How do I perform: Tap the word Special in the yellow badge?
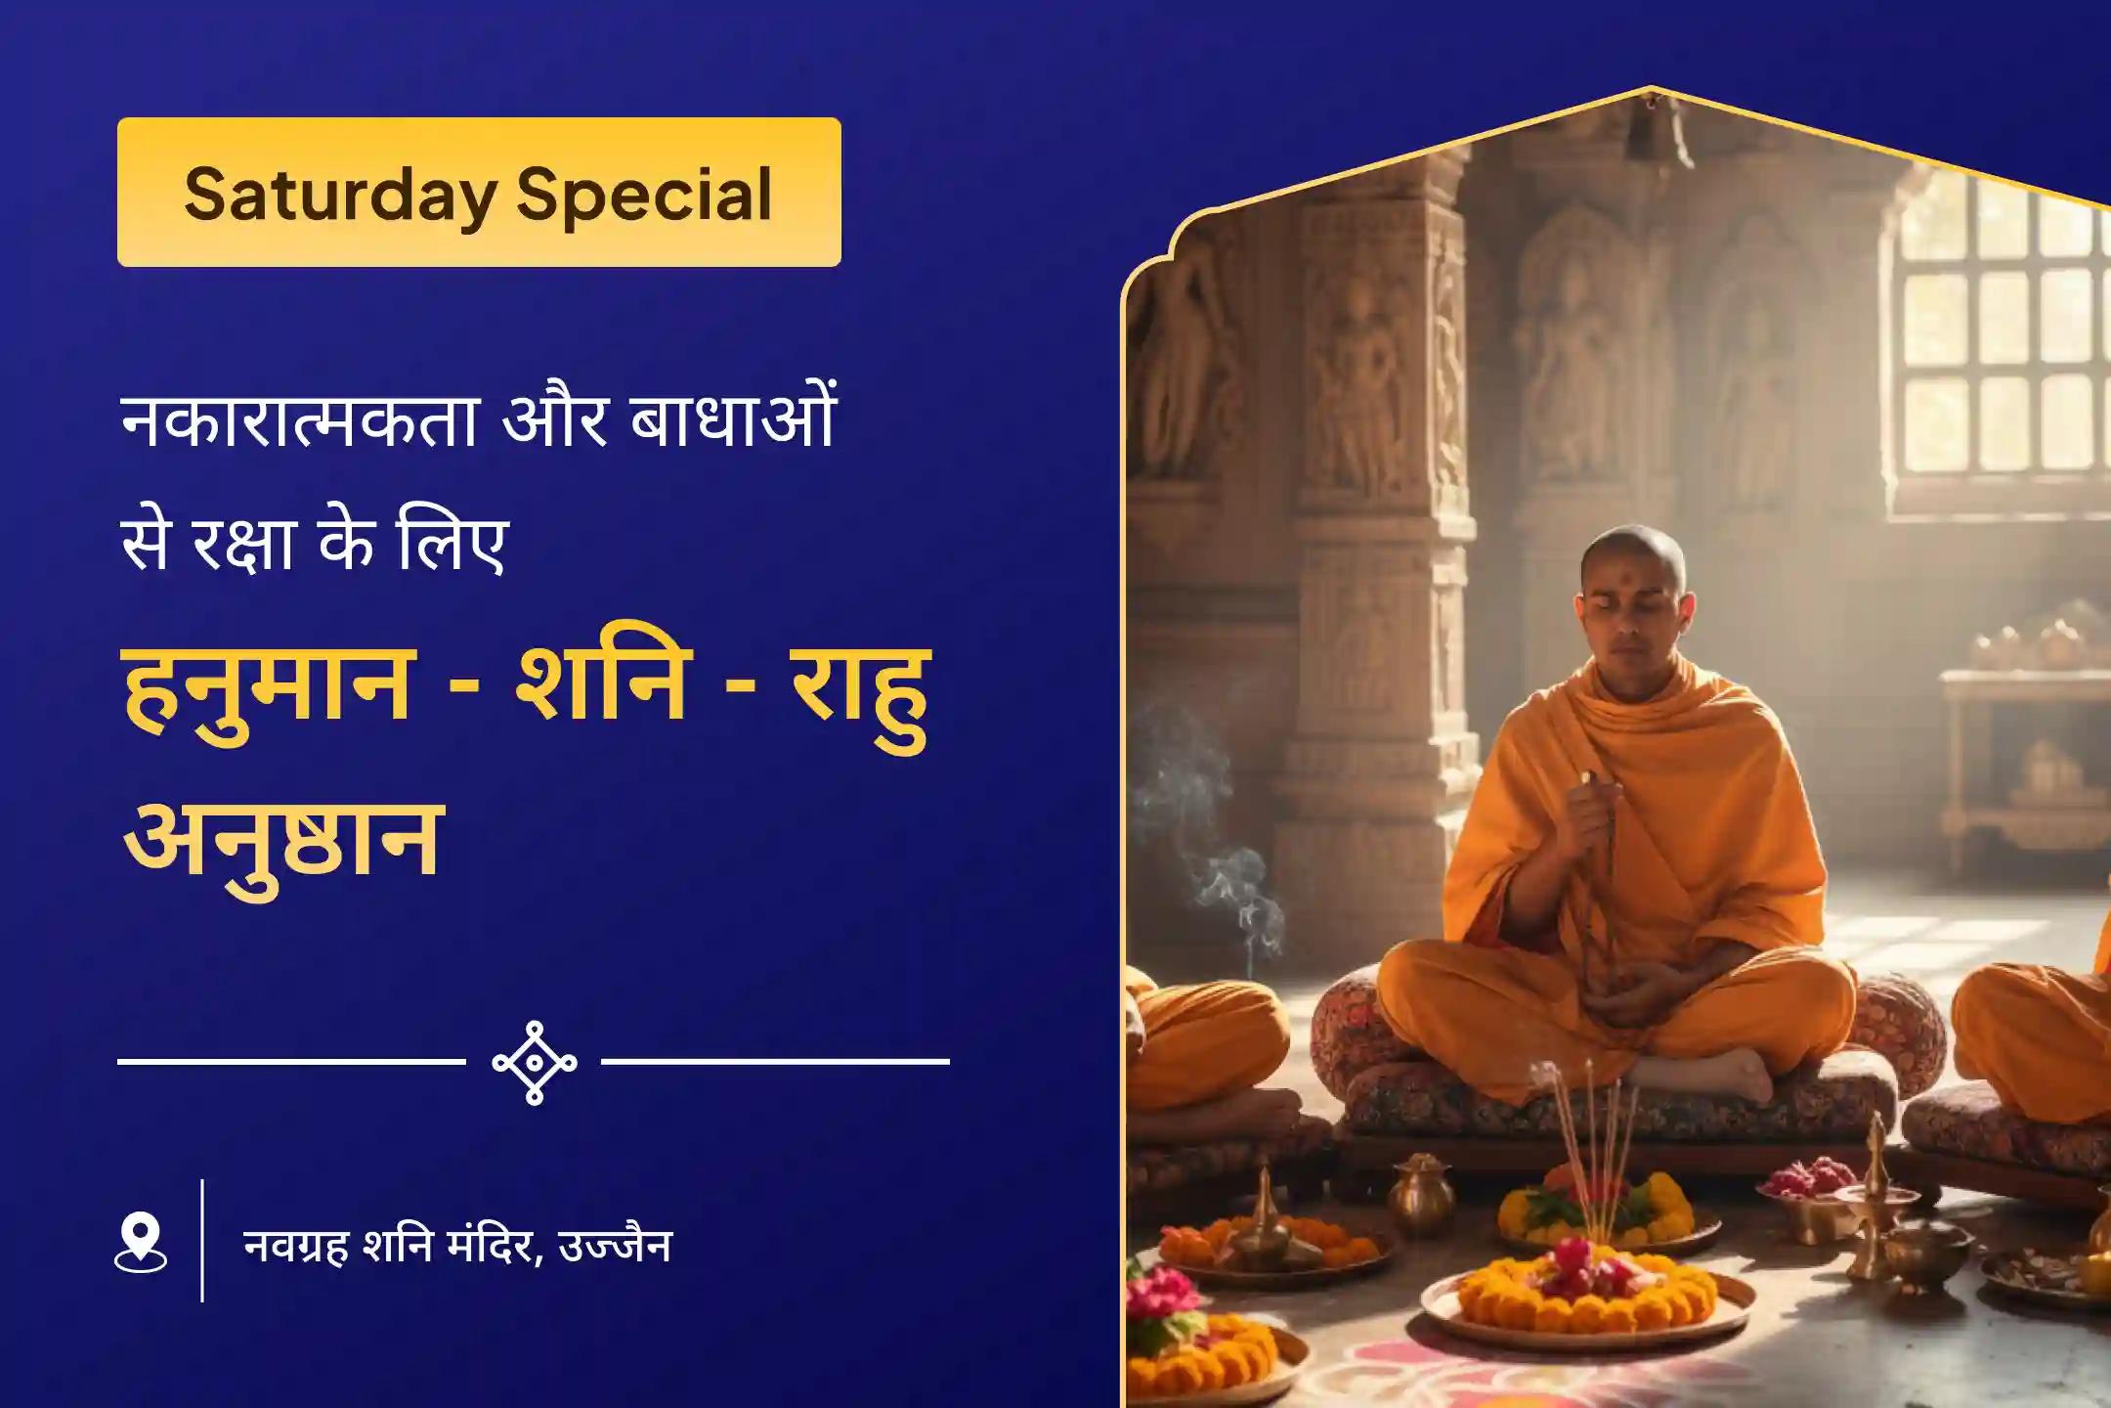(x=645, y=195)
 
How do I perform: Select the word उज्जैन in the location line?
(x=616, y=1246)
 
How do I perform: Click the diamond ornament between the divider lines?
(x=534, y=1062)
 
